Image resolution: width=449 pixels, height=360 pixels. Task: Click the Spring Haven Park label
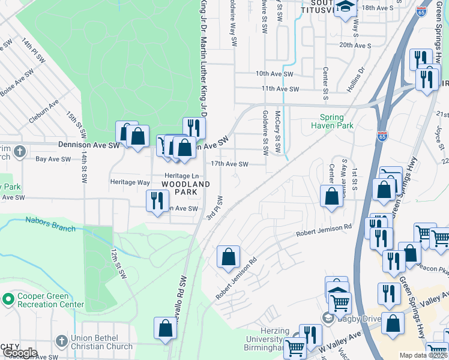(x=332, y=122)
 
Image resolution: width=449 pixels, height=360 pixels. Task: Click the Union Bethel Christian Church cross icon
(x=61, y=341)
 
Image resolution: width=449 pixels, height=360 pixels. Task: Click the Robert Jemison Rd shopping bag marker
(x=228, y=258)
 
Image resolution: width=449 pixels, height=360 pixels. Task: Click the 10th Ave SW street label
(x=274, y=74)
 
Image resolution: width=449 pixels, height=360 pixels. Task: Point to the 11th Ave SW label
(x=280, y=89)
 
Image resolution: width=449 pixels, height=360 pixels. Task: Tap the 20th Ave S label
(x=354, y=45)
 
